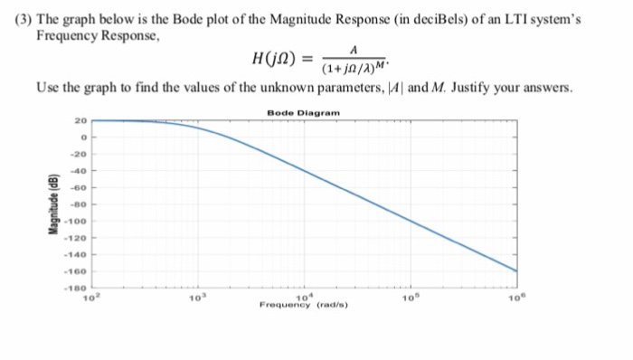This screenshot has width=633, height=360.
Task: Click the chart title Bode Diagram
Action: [x=304, y=111]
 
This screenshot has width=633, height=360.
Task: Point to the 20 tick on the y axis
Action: [x=81, y=120]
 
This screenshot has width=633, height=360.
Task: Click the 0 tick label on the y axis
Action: [x=83, y=137]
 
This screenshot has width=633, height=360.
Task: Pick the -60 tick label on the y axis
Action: [x=80, y=187]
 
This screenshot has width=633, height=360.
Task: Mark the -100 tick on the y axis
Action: [x=78, y=221]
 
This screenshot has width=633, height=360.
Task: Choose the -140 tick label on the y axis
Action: [x=78, y=254]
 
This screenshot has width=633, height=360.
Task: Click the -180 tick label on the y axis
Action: [x=78, y=288]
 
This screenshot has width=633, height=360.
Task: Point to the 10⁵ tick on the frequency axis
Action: [x=411, y=296]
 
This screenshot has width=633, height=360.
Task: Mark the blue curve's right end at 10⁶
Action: [x=516, y=270]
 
